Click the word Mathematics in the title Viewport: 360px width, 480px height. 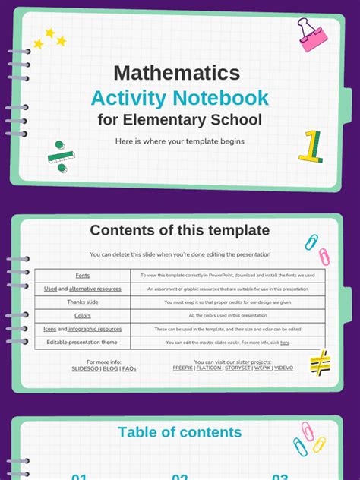click(177, 73)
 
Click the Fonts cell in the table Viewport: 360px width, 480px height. click(82, 275)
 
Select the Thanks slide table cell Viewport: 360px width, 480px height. click(82, 302)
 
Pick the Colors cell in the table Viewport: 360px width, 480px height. click(82, 315)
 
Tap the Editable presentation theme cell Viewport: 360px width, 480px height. click(82, 342)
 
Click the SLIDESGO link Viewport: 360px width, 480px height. click(86, 368)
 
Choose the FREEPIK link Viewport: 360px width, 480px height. click(182, 368)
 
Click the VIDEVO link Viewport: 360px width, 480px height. click(284, 368)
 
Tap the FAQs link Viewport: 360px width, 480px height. click(129, 368)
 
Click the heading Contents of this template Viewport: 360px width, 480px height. click(179, 230)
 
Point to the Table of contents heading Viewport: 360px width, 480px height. click(179, 432)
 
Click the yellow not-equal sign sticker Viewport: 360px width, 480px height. click(320, 362)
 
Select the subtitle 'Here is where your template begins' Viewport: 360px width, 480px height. click(179, 141)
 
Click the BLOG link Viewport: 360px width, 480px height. click(110, 368)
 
